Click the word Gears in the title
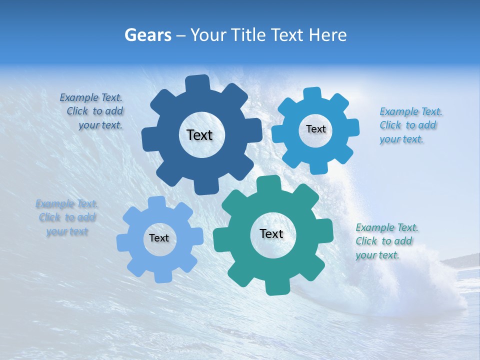click(148, 35)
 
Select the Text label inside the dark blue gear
click(199, 135)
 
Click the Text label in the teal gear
click(271, 233)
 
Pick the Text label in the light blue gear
click(159, 238)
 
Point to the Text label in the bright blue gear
click(315, 129)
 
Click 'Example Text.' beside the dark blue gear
click(91, 97)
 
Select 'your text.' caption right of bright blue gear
click(401, 139)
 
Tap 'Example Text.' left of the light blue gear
click(67, 203)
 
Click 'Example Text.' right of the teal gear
click(387, 227)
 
